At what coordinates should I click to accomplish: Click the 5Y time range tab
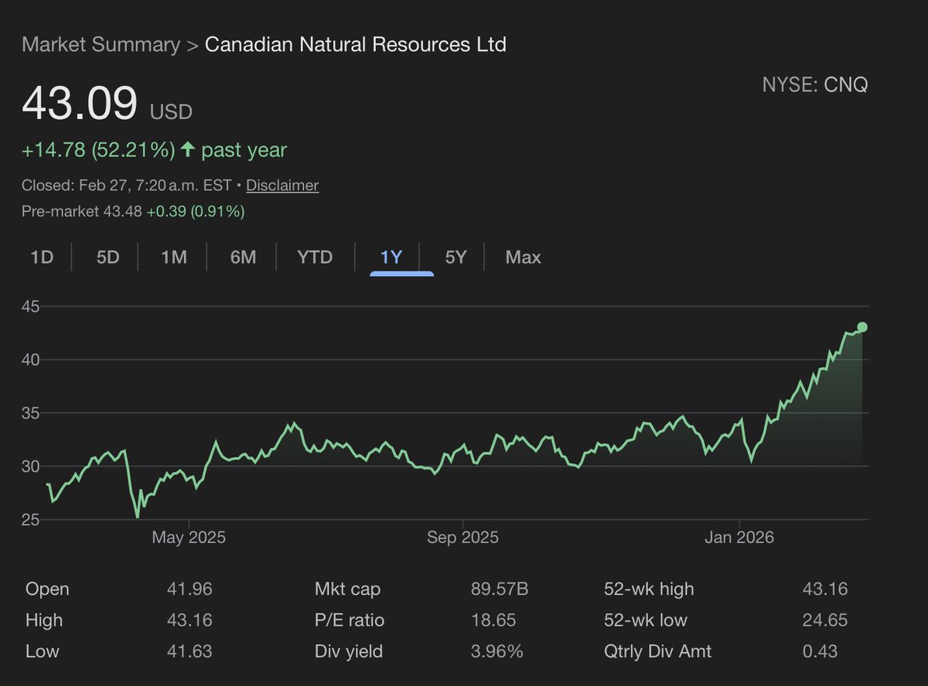tap(456, 257)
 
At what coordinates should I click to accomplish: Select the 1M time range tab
tap(174, 257)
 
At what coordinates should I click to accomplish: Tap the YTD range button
tap(315, 257)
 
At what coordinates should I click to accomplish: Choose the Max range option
tap(523, 257)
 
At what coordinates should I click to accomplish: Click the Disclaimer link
tap(282, 186)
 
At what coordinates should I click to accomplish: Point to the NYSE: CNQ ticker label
tap(815, 85)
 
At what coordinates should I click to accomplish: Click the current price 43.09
tap(80, 104)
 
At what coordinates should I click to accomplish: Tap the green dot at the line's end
tap(862, 327)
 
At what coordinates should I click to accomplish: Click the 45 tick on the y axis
tap(31, 306)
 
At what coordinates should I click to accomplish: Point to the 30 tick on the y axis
tap(31, 466)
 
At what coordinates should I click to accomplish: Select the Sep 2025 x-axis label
tap(462, 538)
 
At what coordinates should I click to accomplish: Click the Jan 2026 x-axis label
tap(739, 538)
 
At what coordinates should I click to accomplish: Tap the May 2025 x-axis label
tap(189, 538)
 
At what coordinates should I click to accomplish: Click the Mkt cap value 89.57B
tap(500, 589)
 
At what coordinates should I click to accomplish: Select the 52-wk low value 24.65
tap(825, 620)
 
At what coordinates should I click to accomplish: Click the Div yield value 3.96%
tap(496, 651)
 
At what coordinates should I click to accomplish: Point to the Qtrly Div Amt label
tap(657, 651)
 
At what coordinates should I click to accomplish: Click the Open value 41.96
tap(189, 589)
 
